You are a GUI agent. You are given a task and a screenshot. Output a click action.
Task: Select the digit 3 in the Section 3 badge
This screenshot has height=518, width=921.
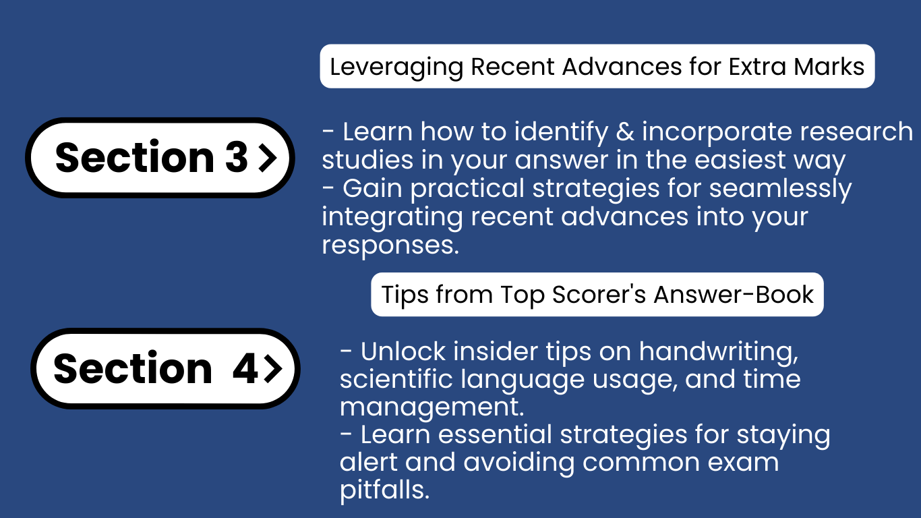pos(237,156)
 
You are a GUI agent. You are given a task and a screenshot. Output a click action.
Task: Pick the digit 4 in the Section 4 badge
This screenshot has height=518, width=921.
pos(245,368)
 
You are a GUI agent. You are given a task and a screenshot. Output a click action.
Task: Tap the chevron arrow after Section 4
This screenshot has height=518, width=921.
pos(272,368)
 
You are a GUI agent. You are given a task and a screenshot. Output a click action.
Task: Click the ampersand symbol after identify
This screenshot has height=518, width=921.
pos(625,132)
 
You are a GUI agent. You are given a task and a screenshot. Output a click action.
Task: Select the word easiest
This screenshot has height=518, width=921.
pos(740,160)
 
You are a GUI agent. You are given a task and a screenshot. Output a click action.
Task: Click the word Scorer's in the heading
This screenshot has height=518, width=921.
pos(599,295)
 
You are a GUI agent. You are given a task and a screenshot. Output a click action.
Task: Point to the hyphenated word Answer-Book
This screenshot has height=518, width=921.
pos(734,295)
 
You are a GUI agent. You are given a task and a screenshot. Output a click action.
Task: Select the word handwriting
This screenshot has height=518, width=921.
pos(718,353)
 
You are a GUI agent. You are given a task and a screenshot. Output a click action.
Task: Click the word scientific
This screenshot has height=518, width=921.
pos(396,379)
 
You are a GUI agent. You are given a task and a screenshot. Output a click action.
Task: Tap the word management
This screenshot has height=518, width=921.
pos(432,408)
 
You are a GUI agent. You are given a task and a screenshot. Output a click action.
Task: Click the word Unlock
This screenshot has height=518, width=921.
pos(403,352)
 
